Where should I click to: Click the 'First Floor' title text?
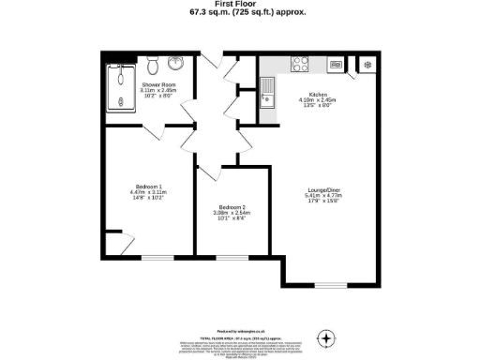[241, 5]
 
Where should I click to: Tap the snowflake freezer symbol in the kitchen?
[367, 64]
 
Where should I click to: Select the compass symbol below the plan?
[326, 337]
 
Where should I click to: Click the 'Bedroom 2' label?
[232, 207]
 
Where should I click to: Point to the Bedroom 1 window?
[157, 256]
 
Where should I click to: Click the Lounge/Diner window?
[329, 284]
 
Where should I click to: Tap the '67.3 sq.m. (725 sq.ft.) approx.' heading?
[241, 14]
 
